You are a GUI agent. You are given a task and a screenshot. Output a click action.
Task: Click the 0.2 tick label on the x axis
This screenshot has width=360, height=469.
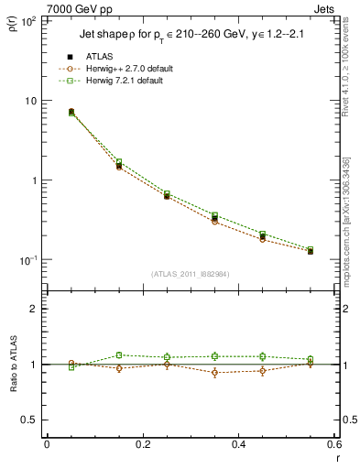(142, 445)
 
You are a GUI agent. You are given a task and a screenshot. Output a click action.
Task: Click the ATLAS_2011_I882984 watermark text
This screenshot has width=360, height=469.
(190, 273)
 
